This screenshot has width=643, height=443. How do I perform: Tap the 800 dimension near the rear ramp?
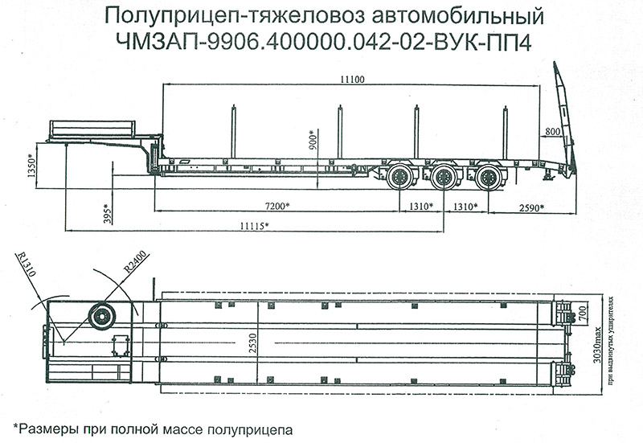click(x=552, y=130)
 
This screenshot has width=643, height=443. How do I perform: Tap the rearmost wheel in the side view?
click(x=485, y=178)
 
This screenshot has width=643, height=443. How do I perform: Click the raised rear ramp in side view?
click(x=565, y=121)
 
